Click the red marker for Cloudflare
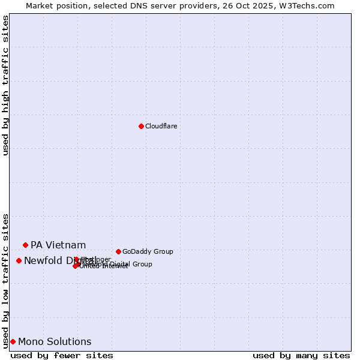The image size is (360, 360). tap(141, 126)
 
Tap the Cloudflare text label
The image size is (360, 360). tap(161, 126)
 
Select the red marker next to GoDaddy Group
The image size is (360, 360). tap(118, 251)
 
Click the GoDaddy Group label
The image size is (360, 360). tap(148, 251)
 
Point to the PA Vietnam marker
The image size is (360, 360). tap(25, 245)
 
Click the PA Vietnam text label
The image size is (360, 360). tap(58, 245)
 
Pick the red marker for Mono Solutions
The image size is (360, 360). tap(13, 341)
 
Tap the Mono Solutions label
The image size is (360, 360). tap(55, 342)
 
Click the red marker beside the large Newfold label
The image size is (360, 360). tap(19, 260)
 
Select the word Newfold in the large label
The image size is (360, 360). tap(43, 260)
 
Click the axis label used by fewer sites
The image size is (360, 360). tap(62, 355)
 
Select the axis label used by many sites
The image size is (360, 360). tap(301, 355)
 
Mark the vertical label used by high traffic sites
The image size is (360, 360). tap(5, 86)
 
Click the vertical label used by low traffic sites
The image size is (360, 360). tap(5, 280)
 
